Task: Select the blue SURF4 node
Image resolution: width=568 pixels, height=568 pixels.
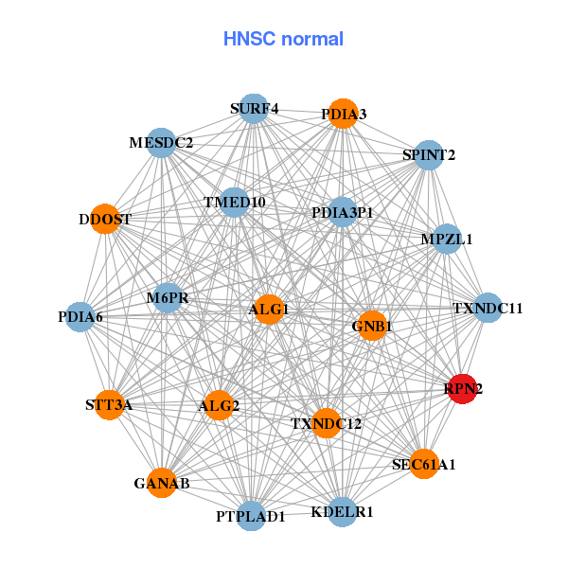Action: (x=253, y=109)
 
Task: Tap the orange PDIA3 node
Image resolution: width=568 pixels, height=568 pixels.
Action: (x=343, y=114)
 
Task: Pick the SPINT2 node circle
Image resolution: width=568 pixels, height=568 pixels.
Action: (x=429, y=154)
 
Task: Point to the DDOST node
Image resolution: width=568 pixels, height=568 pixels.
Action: (x=105, y=219)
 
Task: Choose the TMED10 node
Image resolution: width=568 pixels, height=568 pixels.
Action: (x=234, y=203)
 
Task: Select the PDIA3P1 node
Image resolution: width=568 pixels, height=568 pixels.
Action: (x=343, y=212)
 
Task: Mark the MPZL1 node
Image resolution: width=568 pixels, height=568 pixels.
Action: (x=446, y=239)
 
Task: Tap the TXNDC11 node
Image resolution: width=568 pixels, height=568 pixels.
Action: (x=488, y=308)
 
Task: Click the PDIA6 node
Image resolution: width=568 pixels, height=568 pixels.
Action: (x=80, y=316)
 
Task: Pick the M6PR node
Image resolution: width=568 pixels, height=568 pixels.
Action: (x=168, y=299)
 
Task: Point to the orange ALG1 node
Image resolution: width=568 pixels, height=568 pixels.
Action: (x=269, y=310)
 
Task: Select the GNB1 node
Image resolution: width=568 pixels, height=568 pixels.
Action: (x=372, y=326)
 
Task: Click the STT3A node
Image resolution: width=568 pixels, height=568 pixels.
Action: (x=109, y=405)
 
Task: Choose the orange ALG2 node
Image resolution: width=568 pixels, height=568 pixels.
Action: (x=220, y=406)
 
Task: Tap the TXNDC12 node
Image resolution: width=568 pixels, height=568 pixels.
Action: (x=326, y=422)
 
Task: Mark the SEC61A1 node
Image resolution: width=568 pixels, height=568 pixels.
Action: (x=424, y=464)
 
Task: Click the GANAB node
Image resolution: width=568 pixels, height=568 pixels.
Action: (x=162, y=483)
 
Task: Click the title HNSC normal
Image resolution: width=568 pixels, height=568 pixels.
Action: (x=283, y=39)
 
